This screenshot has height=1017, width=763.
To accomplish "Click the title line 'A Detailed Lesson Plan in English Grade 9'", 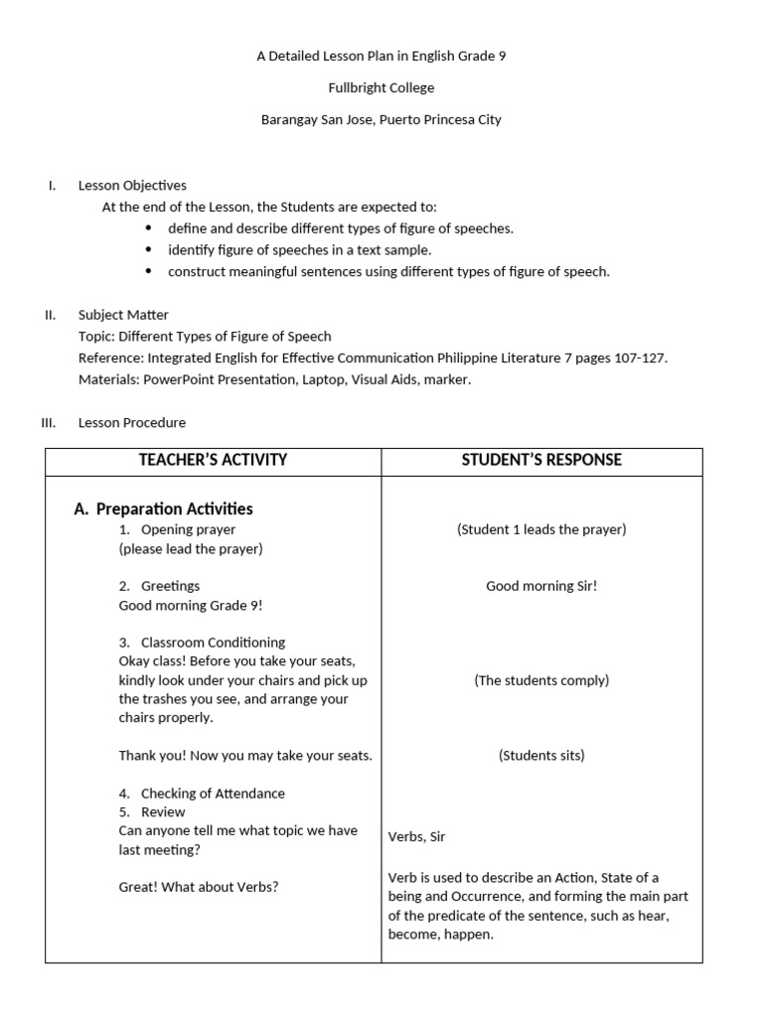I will (x=381, y=57).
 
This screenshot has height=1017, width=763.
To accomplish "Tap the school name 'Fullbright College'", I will (x=381, y=88).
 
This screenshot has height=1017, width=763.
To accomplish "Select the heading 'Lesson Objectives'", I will (x=132, y=185).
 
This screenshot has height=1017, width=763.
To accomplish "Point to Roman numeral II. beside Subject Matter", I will (x=50, y=315).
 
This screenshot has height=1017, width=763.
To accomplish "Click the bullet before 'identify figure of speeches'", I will (x=148, y=250).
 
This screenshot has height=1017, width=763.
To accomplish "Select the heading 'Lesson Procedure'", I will (x=132, y=422).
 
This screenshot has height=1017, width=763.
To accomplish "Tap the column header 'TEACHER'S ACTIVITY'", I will (x=213, y=460).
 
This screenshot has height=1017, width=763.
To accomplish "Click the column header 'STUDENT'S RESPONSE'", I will (x=541, y=460).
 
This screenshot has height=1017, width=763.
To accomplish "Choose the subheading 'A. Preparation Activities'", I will (x=164, y=508).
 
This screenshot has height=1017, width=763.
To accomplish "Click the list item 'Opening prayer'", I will (x=188, y=529).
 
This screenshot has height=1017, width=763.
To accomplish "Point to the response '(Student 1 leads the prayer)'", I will (x=541, y=529).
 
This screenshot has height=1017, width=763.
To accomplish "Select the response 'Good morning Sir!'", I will (x=541, y=586).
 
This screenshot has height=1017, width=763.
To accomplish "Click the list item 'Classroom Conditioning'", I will (x=213, y=643).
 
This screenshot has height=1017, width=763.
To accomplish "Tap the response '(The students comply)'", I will (x=541, y=680).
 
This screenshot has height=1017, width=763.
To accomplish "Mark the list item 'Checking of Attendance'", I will (x=213, y=794).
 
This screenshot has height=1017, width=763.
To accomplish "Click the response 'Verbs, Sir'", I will (x=417, y=836).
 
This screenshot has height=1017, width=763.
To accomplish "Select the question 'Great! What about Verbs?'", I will (x=199, y=887).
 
